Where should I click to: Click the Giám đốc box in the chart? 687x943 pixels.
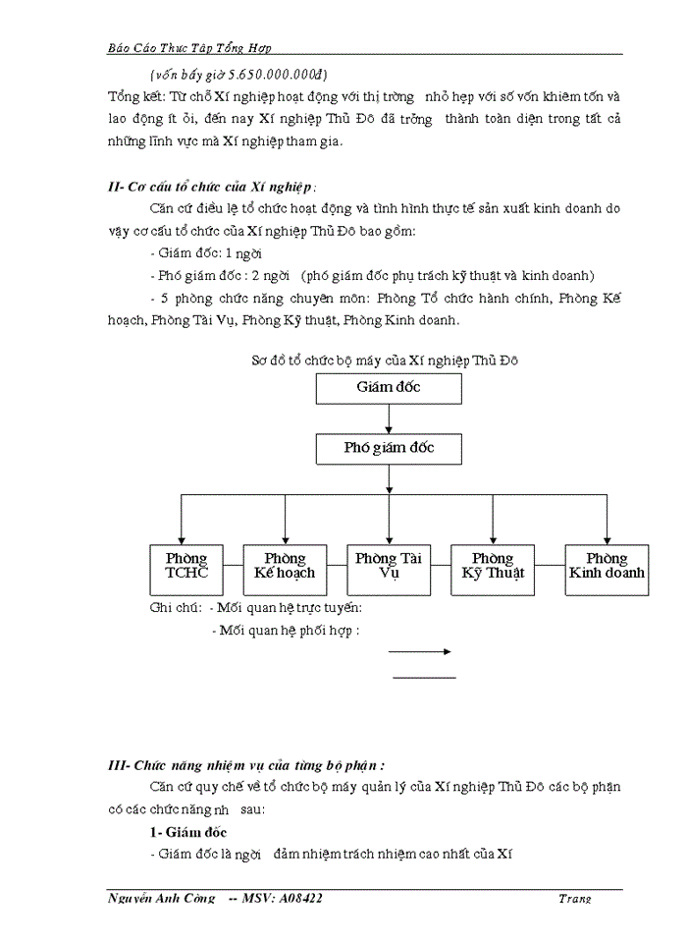coord(389,388)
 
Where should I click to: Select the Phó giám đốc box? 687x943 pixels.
coord(389,449)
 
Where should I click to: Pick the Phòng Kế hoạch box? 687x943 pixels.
coord(285,567)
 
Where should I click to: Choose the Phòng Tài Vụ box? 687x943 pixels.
coord(389,567)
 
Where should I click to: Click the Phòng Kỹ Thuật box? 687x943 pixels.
coord(493,567)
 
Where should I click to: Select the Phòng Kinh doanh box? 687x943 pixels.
coord(607,567)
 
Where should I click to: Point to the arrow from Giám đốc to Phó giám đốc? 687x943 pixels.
coord(389,418)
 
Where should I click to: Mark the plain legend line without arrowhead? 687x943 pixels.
coord(424,677)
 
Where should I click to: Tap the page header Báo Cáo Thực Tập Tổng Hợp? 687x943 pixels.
coord(189,47)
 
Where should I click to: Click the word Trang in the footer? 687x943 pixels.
coord(573,899)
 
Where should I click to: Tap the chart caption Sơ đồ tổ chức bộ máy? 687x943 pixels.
coord(384,360)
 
